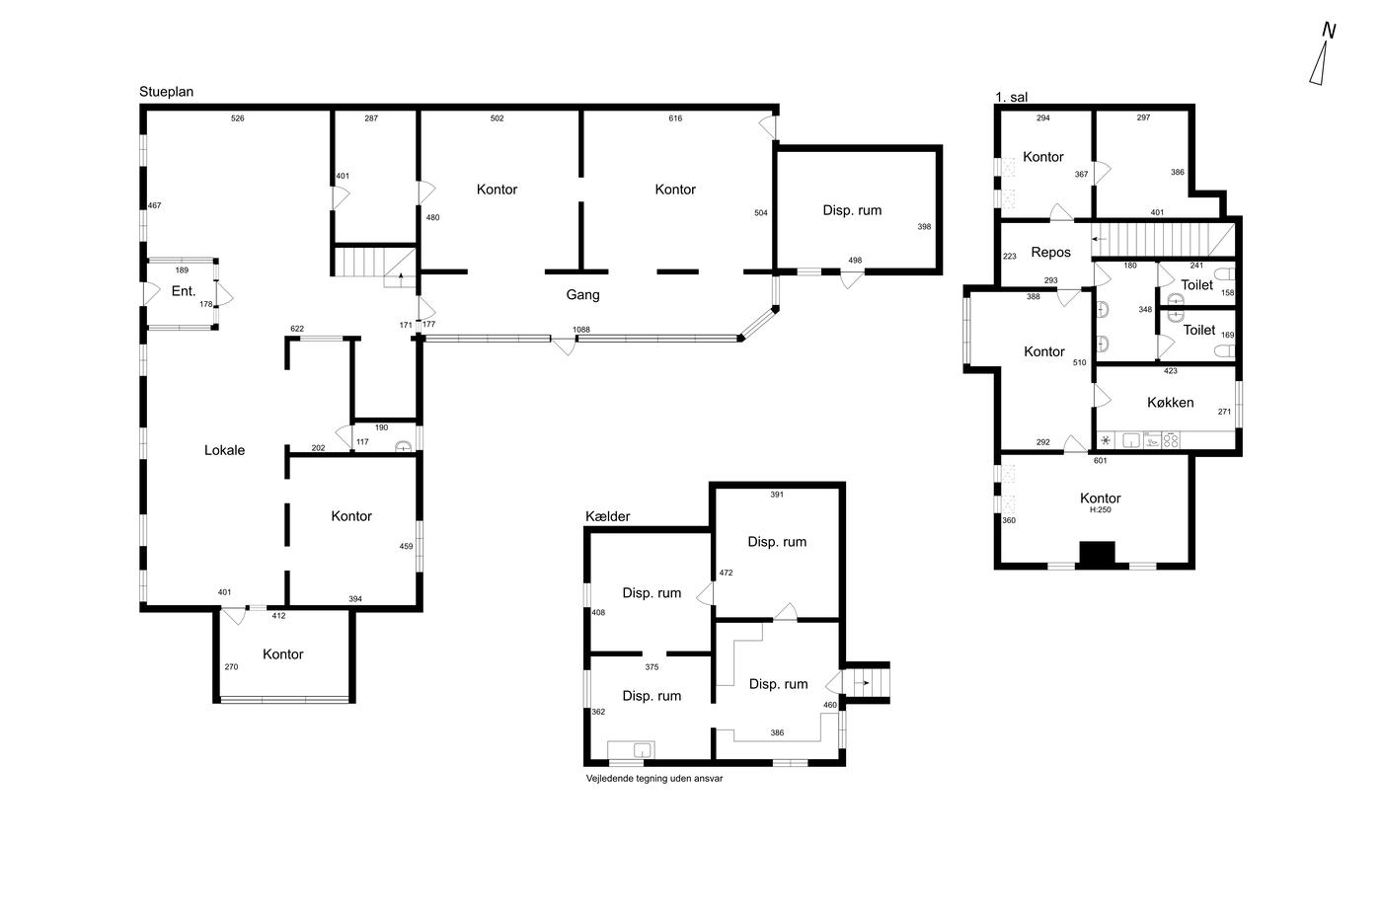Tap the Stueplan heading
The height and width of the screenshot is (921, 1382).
coord(166,92)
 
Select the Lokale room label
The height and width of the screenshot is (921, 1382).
coord(225,450)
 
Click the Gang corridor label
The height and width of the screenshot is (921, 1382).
coord(582,295)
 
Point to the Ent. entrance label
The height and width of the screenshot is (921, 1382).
coord(184,291)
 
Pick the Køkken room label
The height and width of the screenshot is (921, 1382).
coord(1171,402)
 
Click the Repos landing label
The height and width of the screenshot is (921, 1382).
coord(1050,253)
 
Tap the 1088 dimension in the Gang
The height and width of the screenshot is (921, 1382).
coord(581,330)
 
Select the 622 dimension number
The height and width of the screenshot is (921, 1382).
coord(297,329)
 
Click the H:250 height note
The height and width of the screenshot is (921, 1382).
coord(1100,509)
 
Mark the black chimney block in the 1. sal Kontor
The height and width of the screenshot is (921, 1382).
coord(1097,553)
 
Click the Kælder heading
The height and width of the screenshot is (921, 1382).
coord(608,516)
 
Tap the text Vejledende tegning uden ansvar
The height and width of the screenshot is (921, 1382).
coord(653,779)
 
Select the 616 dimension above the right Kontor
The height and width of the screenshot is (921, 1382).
coord(675,118)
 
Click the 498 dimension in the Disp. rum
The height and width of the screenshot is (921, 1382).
coord(855,261)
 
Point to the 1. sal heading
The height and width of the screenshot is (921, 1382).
coord(1011,97)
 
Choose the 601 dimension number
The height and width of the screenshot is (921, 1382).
coord(1100,460)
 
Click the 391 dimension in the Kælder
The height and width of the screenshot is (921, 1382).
coord(777,495)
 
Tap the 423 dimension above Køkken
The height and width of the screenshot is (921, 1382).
coord(1171,371)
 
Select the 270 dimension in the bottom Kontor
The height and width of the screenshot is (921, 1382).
coord(231,666)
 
